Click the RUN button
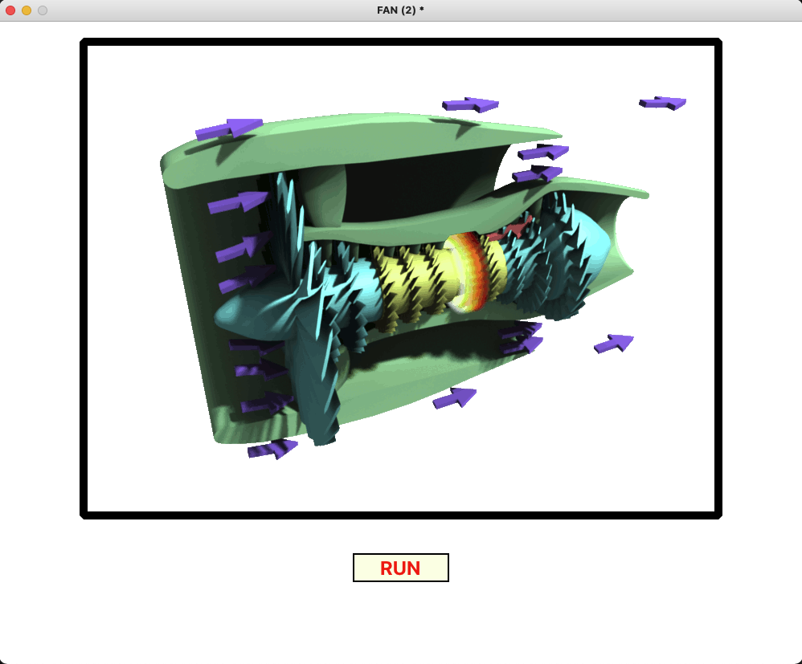[400, 568]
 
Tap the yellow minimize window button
[27, 10]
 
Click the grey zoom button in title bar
[43, 10]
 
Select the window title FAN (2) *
[400, 10]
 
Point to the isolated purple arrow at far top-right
[663, 103]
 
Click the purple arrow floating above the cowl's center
[470, 105]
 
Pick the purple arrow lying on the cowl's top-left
[229, 129]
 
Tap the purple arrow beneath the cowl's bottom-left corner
[272, 449]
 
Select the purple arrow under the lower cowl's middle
[455, 398]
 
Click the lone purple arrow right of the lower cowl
[614, 344]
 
